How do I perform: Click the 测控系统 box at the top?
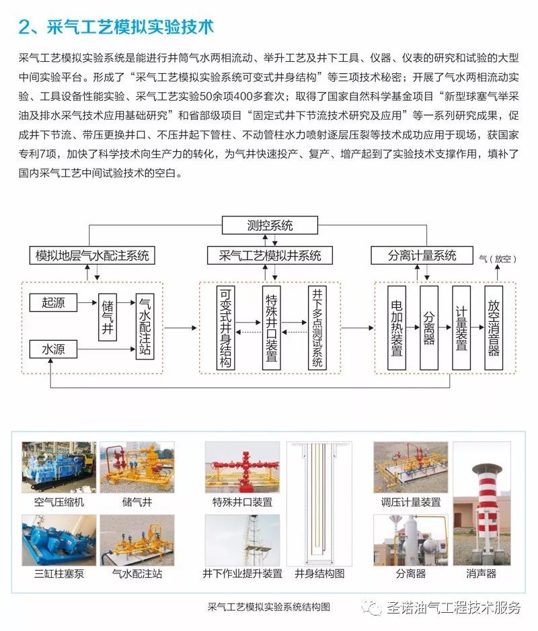pyautogui.click(x=270, y=225)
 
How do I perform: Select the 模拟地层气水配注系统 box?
pyautogui.click(x=92, y=255)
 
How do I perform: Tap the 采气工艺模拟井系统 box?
pyautogui.click(x=270, y=255)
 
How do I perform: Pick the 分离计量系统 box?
pyautogui.click(x=422, y=255)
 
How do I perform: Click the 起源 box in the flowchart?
pyautogui.click(x=53, y=302)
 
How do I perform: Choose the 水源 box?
pyautogui.click(x=53, y=349)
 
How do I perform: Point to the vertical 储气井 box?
pyautogui.click(x=108, y=317)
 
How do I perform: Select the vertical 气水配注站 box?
pyautogui.click(x=145, y=327)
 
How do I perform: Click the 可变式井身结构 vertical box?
pyautogui.click(x=225, y=327)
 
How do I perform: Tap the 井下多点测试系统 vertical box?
pyautogui.click(x=317, y=327)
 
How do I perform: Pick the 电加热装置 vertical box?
pyautogui.click(x=397, y=327)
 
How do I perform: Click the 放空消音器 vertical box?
pyautogui.click(x=494, y=327)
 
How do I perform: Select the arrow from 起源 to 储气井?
pyautogui.click(x=88, y=302)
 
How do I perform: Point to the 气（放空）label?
pyautogui.click(x=498, y=259)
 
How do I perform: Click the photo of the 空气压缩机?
pyautogui.click(x=59, y=467)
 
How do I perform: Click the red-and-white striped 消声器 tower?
pyautogui.click(x=487, y=509)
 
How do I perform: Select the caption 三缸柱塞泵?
pyautogui.click(x=59, y=573)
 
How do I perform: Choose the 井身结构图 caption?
pyautogui.click(x=319, y=573)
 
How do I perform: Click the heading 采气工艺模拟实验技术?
pyautogui.click(x=130, y=28)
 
